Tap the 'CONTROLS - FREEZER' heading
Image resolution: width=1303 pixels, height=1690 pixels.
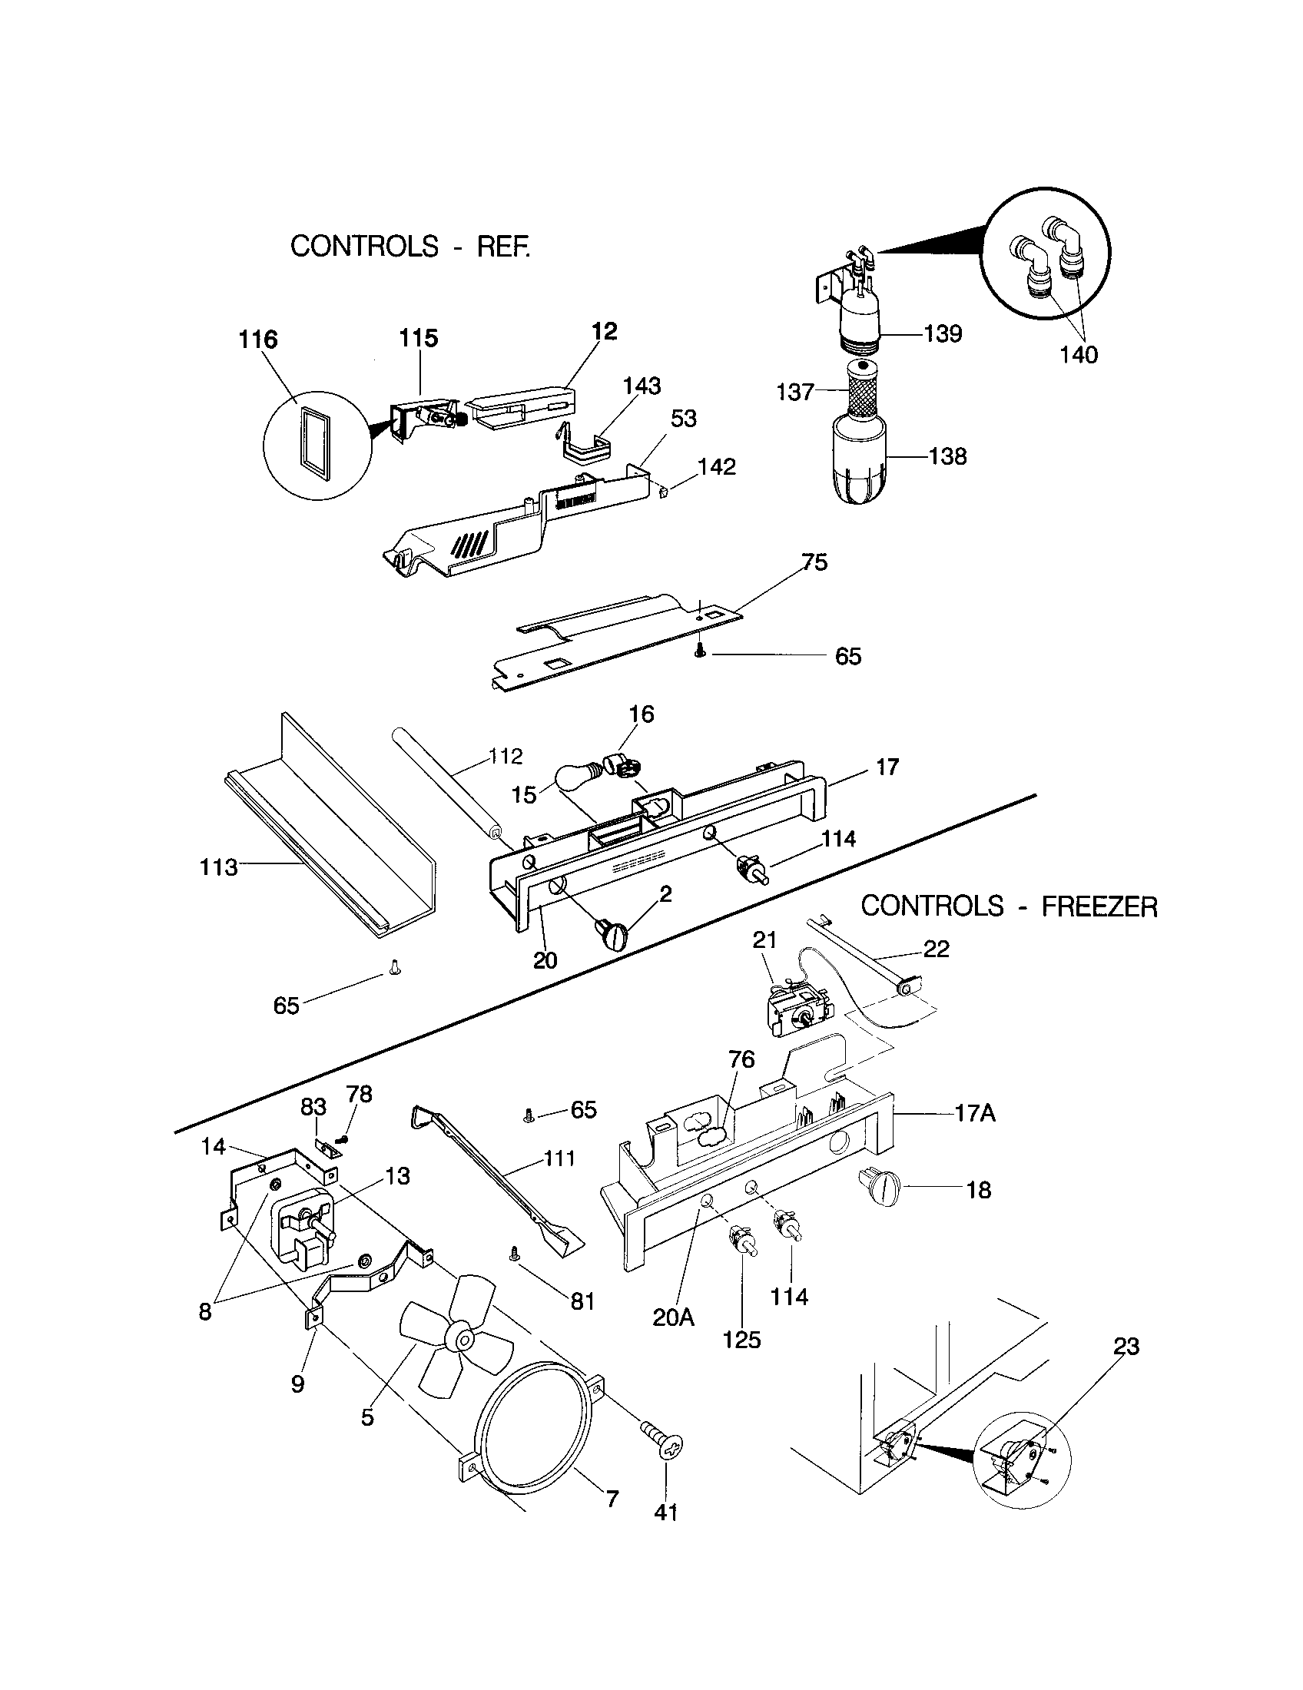(1009, 906)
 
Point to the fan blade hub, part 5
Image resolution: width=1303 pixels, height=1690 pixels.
(464, 1338)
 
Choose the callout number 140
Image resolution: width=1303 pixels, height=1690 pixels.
(1078, 355)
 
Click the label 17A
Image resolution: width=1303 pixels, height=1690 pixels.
(975, 1115)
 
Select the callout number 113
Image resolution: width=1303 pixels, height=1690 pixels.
(218, 867)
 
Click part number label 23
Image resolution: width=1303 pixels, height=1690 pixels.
(1126, 1347)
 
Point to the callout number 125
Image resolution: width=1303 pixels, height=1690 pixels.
(741, 1340)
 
